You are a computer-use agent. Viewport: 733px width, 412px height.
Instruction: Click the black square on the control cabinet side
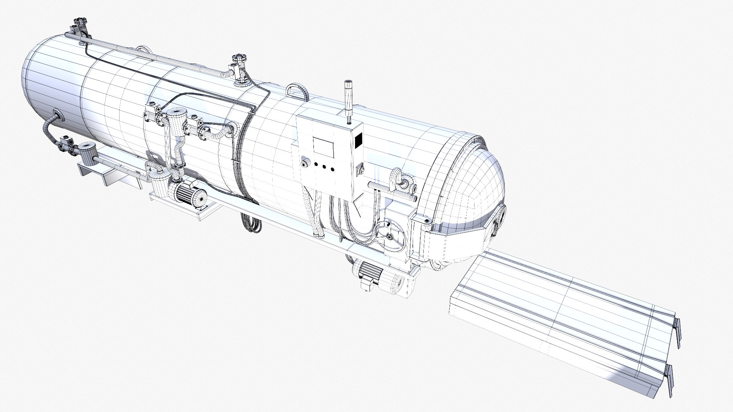click(x=358, y=141)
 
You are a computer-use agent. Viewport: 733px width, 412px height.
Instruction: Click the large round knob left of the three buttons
click(x=304, y=164)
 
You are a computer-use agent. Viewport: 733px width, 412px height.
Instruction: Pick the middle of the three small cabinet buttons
click(x=325, y=167)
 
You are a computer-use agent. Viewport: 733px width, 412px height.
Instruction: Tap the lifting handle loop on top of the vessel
click(x=297, y=90)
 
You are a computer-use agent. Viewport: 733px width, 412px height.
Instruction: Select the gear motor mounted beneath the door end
click(x=370, y=272)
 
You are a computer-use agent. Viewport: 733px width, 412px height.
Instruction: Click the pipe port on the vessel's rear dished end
click(x=56, y=115)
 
